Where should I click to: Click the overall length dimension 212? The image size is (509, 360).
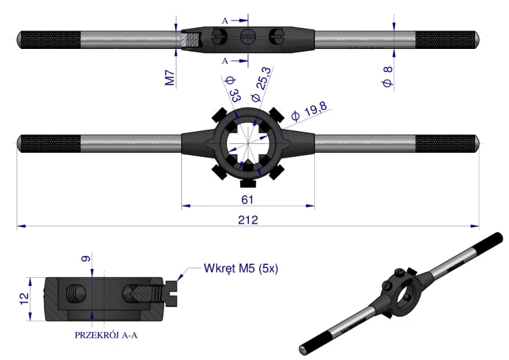point(248,220)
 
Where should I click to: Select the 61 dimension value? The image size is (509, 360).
point(247,200)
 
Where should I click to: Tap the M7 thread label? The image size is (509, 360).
point(170,78)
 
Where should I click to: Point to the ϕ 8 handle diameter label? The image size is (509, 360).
point(388,76)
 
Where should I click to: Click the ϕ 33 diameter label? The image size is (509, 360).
point(232,90)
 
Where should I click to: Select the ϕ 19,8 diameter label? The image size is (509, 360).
point(309,111)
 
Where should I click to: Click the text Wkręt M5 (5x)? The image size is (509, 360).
point(241,268)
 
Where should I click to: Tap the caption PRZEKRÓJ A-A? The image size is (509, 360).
point(106,335)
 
